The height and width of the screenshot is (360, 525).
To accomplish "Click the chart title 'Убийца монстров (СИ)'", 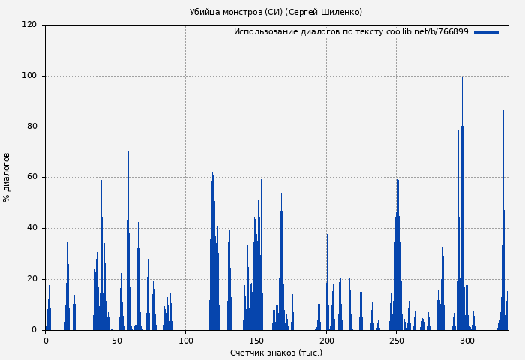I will (x=275, y=12).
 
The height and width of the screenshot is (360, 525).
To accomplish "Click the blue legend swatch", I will (x=486, y=32).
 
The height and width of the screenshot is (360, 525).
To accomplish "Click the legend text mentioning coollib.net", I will (x=351, y=32).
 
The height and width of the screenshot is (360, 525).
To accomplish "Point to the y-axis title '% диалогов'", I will (x=7, y=177).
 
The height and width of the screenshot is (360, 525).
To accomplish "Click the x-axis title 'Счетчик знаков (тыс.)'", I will (x=276, y=352).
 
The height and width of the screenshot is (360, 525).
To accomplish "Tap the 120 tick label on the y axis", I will (x=29, y=25).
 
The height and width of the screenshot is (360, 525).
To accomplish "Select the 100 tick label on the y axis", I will (x=29, y=76).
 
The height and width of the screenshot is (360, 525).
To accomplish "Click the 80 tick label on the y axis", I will (x=31, y=127).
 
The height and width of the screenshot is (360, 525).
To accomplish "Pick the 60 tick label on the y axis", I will (x=31, y=178).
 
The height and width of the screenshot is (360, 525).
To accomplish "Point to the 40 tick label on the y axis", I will (x=31, y=228).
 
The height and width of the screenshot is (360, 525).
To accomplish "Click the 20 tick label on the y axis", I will (x=31, y=279).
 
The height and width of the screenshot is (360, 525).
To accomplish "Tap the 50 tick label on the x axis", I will (x=115, y=340).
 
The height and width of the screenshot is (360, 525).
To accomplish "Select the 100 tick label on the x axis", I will (x=186, y=340).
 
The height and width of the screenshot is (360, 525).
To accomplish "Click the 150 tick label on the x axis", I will (x=256, y=340).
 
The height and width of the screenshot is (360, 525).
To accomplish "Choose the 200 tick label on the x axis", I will (x=326, y=340).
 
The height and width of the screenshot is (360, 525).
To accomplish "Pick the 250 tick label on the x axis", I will (x=397, y=340).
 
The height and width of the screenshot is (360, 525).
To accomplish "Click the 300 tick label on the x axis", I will (x=467, y=340).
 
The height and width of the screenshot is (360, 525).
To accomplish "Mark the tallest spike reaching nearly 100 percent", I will (x=462, y=78).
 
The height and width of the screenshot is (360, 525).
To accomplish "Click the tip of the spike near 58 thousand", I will (x=127, y=111).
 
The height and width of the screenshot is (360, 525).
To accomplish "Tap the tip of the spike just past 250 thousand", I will (x=397, y=163).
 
